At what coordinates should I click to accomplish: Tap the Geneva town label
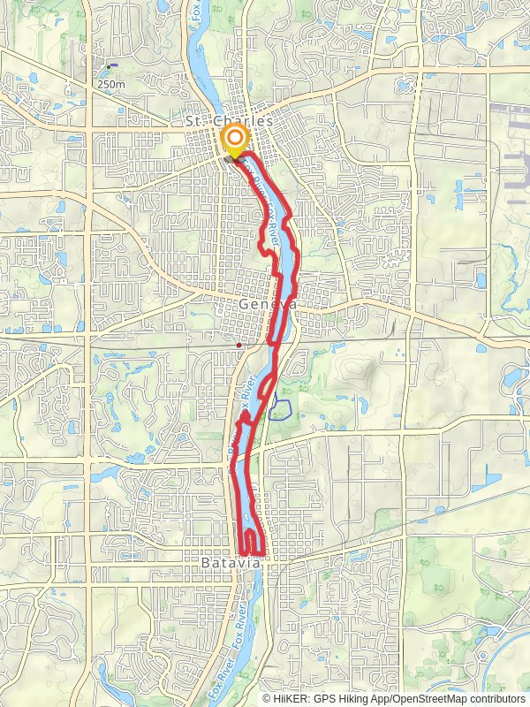266,303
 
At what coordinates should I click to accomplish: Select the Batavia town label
231,562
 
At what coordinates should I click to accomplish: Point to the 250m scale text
110,84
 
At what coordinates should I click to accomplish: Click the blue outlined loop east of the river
280,408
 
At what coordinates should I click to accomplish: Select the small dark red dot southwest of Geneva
238,345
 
